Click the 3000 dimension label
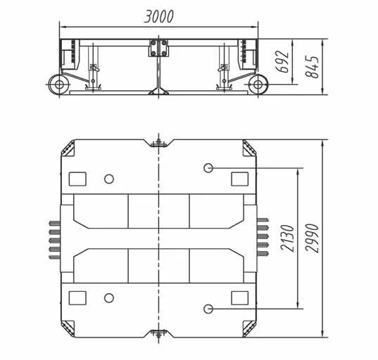click(158, 16)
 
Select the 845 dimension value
click(315, 67)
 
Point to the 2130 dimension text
click(286, 238)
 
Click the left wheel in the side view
click(58, 85)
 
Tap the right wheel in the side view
click(258, 85)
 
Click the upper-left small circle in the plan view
click(108, 179)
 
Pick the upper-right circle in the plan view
click(208, 168)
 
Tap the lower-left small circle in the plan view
click(108, 298)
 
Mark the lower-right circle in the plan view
click(208, 309)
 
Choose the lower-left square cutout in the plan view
click(77, 297)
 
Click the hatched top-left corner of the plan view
click(69, 149)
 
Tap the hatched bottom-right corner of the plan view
click(248, 328)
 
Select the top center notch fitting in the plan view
click(159, 143)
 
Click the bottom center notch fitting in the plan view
click(159, 333)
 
